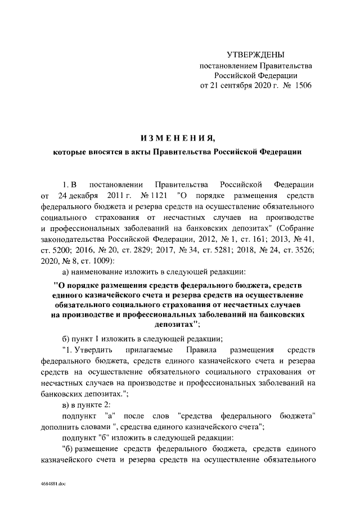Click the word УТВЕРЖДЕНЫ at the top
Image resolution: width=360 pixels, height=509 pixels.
(x=255, y=55)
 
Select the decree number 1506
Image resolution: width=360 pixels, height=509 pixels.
(x=300, y=85)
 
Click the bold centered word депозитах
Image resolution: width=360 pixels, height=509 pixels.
(x=175, y=325)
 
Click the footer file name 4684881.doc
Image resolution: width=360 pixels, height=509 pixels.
(x=53, y=483)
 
